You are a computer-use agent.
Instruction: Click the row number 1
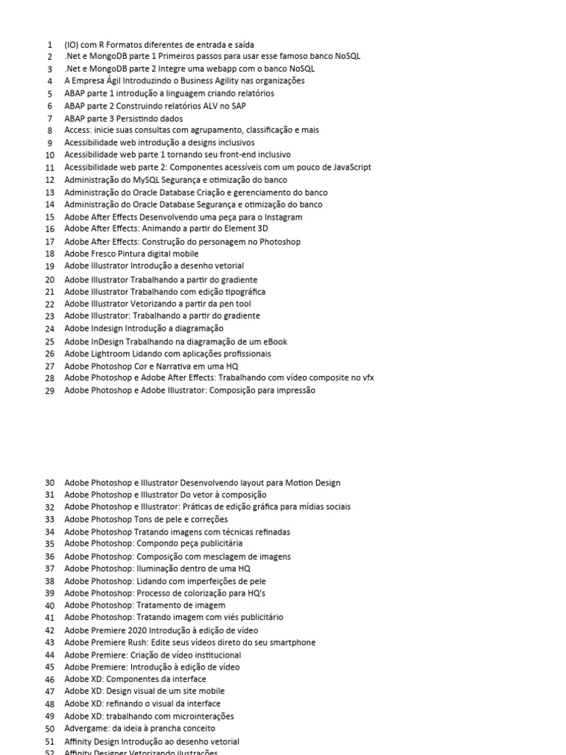(49, 44)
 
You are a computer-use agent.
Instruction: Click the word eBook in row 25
(273, 341)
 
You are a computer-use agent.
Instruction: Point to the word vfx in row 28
(366, 378)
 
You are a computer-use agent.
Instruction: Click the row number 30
(49, 483)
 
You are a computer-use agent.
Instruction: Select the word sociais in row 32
(337, 507)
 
